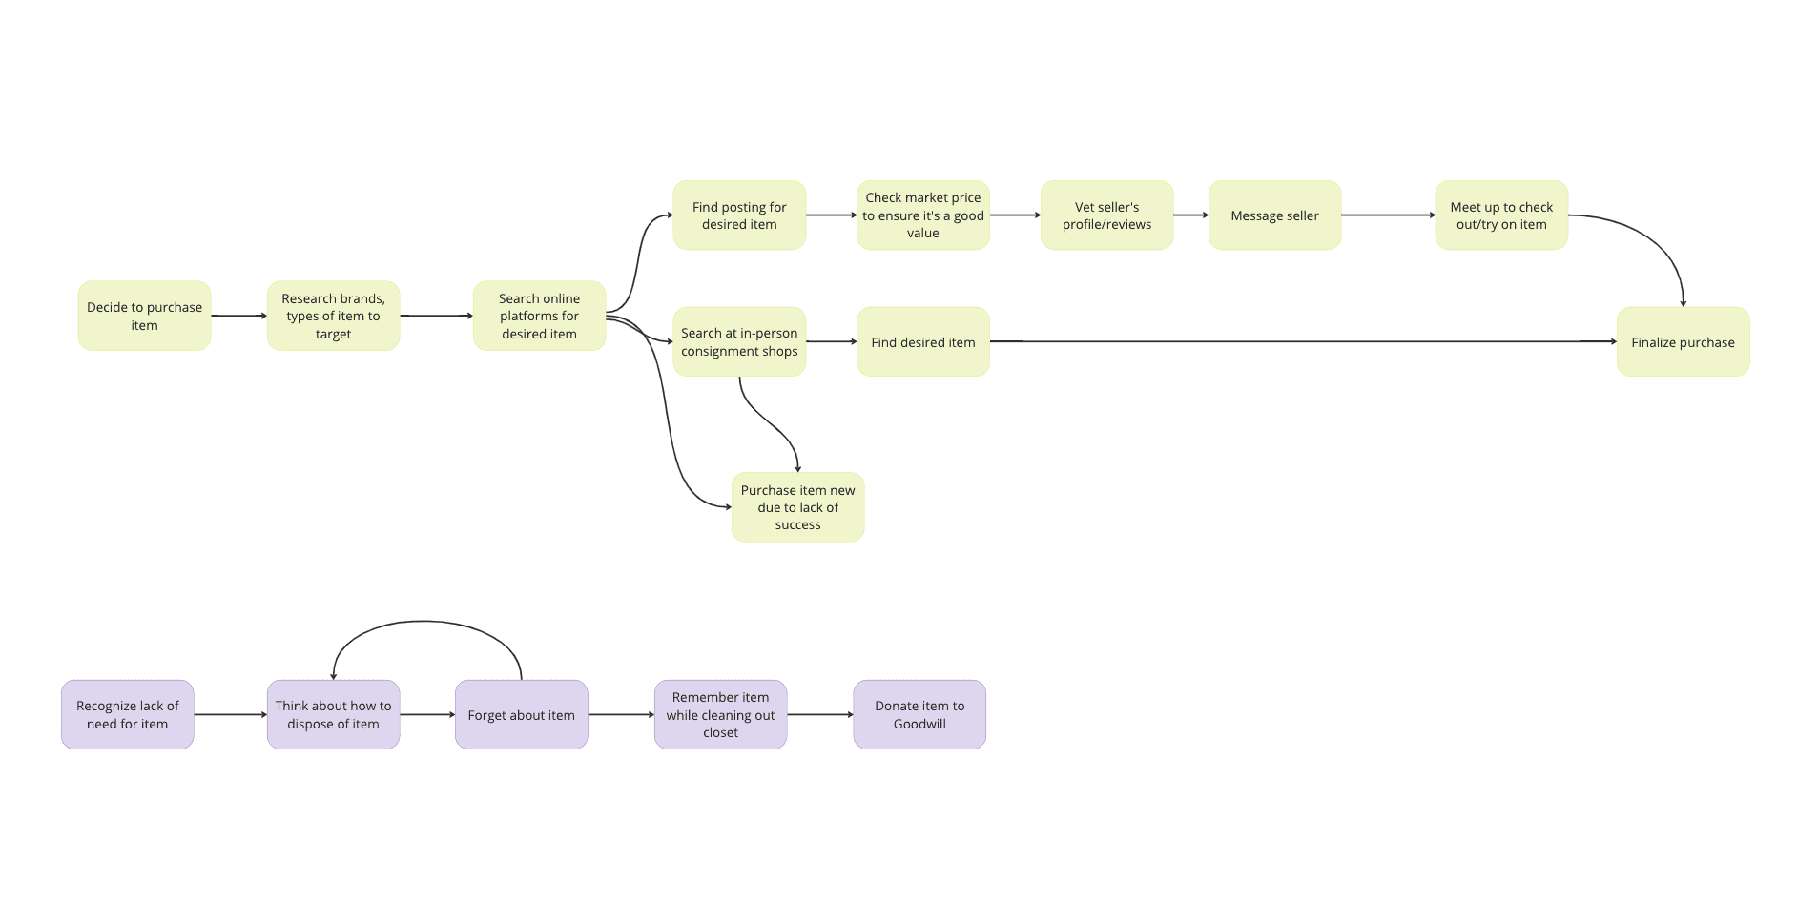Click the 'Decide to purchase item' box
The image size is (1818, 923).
[x=144, y=316]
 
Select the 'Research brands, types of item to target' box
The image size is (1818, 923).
[x=333, y=316]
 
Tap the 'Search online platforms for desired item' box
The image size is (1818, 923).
[x=539, y=316]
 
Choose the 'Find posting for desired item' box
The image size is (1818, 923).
[x=739, y=215]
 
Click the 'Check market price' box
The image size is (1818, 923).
[x=922, y=215]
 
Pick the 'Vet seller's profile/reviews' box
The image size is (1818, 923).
[x=1106, y=215]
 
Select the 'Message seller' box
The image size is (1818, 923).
[x=1274, y=215]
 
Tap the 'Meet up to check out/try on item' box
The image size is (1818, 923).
[x=1501, y=215]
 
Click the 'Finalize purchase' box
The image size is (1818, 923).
[x=1683, y=341]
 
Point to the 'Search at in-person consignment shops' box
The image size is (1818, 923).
[x=739, y=341]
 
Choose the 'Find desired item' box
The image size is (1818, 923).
[x=922, y=341]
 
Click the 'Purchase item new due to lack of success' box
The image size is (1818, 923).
[x=797, y=507]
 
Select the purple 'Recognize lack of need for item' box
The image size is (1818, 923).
[x=128, y=714]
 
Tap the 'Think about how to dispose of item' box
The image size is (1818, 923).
[x=333, y=714]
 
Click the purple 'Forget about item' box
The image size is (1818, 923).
[x=521, y=714]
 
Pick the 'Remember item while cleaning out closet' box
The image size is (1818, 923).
[x=720, y=714]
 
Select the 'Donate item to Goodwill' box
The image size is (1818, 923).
[x=919, y=714]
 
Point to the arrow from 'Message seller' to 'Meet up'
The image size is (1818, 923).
[x=1388, y=215]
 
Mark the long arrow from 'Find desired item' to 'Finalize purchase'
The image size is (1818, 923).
[x=1303, y=341]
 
